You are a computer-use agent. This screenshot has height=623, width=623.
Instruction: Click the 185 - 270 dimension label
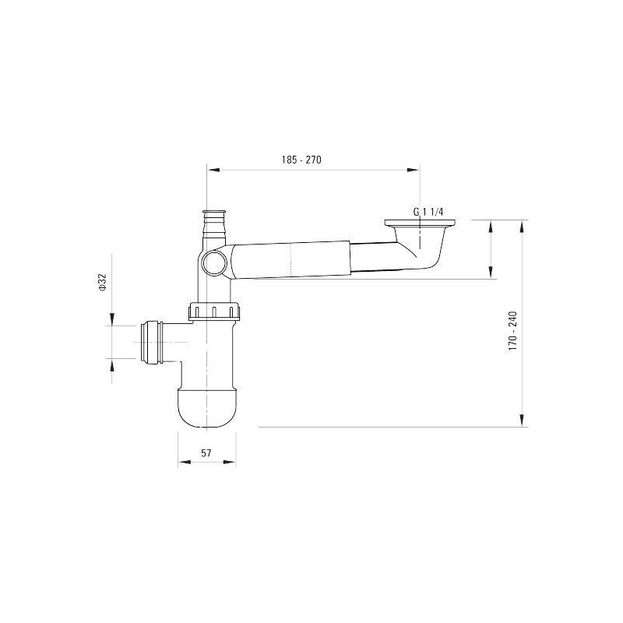click(x=301, y=160)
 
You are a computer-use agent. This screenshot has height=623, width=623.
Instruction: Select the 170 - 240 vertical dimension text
click(x=512, y=330)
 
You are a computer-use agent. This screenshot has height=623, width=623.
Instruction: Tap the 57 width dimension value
click(x=206, y=452)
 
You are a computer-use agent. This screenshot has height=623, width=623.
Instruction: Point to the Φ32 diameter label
click(x=102, y=283)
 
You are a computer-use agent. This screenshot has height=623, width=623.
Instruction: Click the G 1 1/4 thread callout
click(x=428, y=212)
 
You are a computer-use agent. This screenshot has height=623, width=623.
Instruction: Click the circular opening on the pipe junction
click(x=213, y=262)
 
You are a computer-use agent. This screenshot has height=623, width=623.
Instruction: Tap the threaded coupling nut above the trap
click(x=215, y=311)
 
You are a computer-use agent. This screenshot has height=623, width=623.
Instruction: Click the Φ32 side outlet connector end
click(x=150, y=343)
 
